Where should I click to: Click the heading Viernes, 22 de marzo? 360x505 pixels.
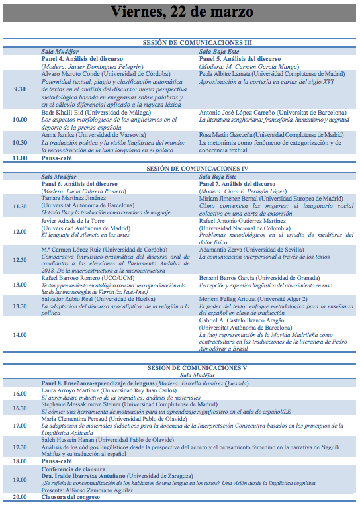180,13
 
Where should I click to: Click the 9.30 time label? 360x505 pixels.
20,89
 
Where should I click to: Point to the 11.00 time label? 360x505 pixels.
20,158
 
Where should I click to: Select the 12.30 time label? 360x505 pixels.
20,260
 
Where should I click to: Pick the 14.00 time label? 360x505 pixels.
20,336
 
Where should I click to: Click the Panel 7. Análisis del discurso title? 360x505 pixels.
237,183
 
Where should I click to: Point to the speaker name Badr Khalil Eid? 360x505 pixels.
64,113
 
